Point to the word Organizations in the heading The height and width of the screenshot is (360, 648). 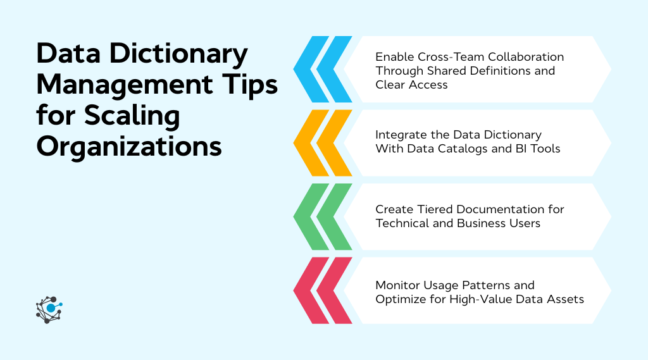click(x=129, y=146)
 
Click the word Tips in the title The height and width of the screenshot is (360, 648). click(x=251, y=85)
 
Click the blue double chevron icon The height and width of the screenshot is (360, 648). click(x=323, y=70)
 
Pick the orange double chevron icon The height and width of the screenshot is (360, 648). click(x=323, y=143)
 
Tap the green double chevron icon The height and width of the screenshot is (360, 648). click(x=323, y=216)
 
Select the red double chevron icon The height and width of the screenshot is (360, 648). click(x=323, y=290)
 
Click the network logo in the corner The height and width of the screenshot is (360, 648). click(x=49, y=309)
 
